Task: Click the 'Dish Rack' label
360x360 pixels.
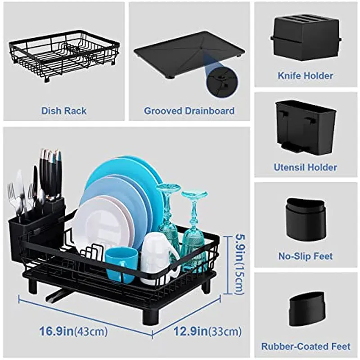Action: click(x=64, y=111)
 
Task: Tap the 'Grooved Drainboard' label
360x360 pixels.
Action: click(x=189, y=111)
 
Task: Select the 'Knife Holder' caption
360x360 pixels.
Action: click(x=306, y=76)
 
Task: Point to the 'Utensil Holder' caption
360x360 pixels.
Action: click(x=306, y=167)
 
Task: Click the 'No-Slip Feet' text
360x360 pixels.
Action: click(x=306, y=256)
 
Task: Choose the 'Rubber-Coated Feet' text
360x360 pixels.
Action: click(x=306, y=346)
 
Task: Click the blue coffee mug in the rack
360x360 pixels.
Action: click(x=121, y=264)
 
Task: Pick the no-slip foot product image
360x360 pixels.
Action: click(x=306, y=218)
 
